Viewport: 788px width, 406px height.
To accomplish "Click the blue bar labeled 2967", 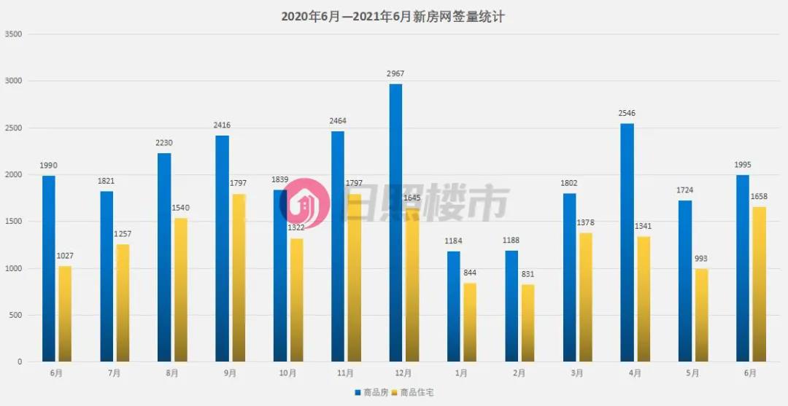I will [395, 222].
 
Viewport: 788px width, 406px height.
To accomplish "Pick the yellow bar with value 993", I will [701, 315].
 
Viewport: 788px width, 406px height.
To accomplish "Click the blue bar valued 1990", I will [49, 268].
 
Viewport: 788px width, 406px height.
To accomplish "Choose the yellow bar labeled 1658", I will [759, 284].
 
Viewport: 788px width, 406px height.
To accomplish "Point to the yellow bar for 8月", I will [181, 289].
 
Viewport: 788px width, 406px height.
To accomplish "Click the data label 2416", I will [222, 125].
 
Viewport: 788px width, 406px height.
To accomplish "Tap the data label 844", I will [471, 273].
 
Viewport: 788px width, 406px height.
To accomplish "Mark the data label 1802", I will [568, 183].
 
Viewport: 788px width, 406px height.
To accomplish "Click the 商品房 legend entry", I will [371, 393].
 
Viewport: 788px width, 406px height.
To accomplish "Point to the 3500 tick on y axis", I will [13, 34].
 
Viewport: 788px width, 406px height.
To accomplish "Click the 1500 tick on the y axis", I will [13, 222].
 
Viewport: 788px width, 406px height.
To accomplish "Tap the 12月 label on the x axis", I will [403, 373].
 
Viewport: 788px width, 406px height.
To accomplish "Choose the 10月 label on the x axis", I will [287, 373].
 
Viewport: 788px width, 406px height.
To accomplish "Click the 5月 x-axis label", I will [692, 373].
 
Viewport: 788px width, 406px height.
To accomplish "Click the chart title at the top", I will [393, 17].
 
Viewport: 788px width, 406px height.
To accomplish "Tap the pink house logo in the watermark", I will [305, 203].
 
